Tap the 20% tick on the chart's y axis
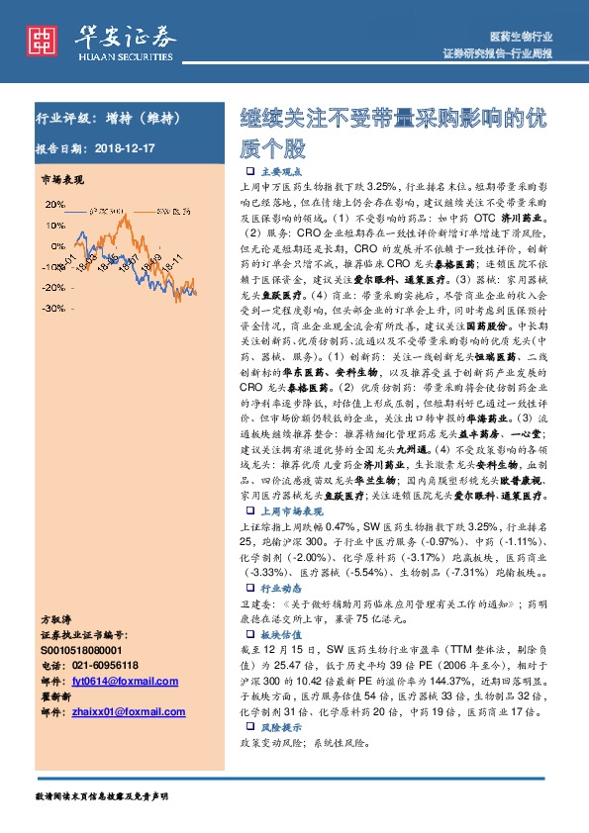pyautogui.click(x=53, y=205)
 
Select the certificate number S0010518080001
pyautogui.click(x=82, y=650)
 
